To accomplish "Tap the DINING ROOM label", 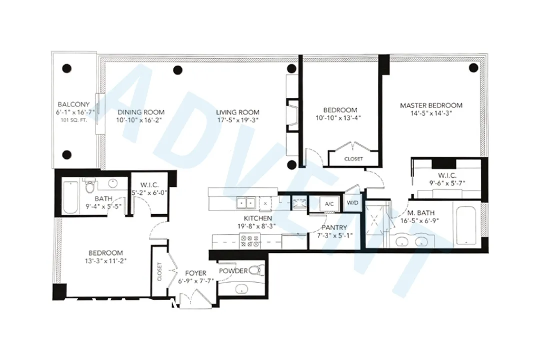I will pyautogui.click(x=140, y=112).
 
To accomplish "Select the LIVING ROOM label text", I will pyautogui.click(x=237, y=112).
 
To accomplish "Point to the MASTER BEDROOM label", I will pyautogui.click(x=431, y=105).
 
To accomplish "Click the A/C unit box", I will pyautogui.click(x=329, y=204).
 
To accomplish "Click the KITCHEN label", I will pyautogui.click(x=257, y=218).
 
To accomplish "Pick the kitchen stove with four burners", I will pyautogui.click(x=250, y=241).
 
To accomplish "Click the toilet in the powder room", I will pyautogui.click(x=255, y=270).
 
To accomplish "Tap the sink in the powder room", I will pyautogui.click(x=242, y=289).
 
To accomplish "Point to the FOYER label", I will pyautogui.click(x=196, y=273).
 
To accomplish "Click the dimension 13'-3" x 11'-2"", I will pyautogui.click(x=105, y=261).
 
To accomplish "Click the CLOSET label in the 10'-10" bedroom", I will pyautogui.click(x=353, y=159).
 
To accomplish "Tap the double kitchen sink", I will pyautogui.click(x=245, y=203).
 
